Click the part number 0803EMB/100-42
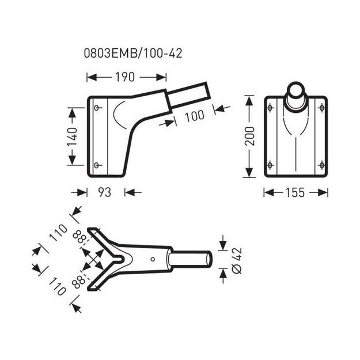pos(133,53)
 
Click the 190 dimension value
pos(125,77)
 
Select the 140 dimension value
pos(72,137)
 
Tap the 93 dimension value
pos(105,192)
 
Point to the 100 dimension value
pos(195,116)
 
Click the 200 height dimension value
pos(249,136)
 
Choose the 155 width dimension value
pos(295,192)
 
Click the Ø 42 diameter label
pos(237,260)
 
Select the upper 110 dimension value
pos(58,233)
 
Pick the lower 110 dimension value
pos(58,286)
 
